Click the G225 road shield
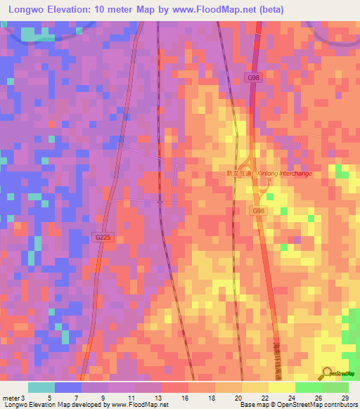point(102,238)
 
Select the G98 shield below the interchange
point(258,210)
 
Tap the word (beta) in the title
point(271,9)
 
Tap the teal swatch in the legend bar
point(41,387)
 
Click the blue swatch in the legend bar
point(68,387)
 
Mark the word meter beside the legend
point(11,398)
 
